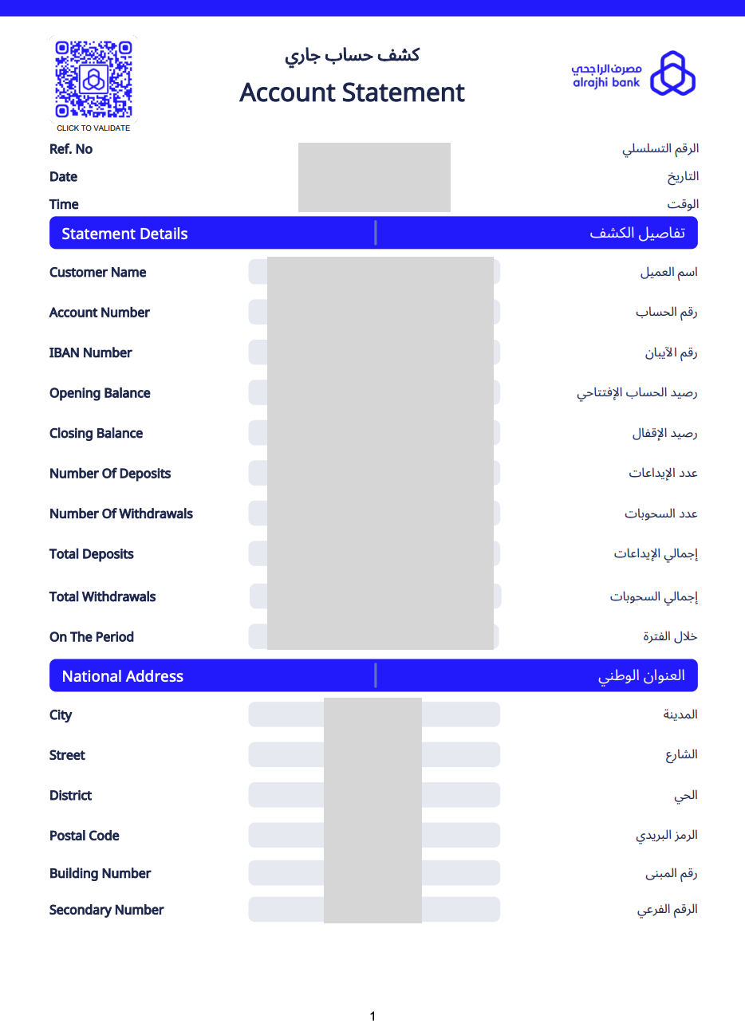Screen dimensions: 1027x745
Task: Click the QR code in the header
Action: pos(93,79)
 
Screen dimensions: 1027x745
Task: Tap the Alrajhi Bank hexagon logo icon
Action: pos(672,73)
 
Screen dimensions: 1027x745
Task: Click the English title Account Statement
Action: pos(352,92)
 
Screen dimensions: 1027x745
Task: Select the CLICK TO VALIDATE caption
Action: pos(93,128)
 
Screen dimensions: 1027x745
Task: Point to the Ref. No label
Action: pos(71,149)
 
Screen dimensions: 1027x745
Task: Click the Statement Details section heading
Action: pos(124,234)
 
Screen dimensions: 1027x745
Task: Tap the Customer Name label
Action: pos(97,272)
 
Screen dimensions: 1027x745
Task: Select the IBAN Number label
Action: pos(90,352)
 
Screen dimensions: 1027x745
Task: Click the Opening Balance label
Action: pos(100,393)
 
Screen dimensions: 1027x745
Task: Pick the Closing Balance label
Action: pos(96,433)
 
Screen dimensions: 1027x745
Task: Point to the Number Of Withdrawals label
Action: pos(121,513)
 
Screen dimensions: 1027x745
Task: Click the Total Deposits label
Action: pos(92,554)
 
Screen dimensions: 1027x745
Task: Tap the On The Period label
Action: pos(92,637)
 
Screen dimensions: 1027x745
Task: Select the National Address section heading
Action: pos(123,676)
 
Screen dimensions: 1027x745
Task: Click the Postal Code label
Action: pos(84,836)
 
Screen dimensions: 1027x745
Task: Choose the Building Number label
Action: pos(100,873)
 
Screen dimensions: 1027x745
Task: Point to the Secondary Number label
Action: pos(106,910)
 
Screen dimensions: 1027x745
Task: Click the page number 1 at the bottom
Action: pos(372,1016)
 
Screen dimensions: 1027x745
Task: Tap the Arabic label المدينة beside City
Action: pos(680,714)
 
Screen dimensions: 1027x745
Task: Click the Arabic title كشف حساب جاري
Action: pos(352,55)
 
